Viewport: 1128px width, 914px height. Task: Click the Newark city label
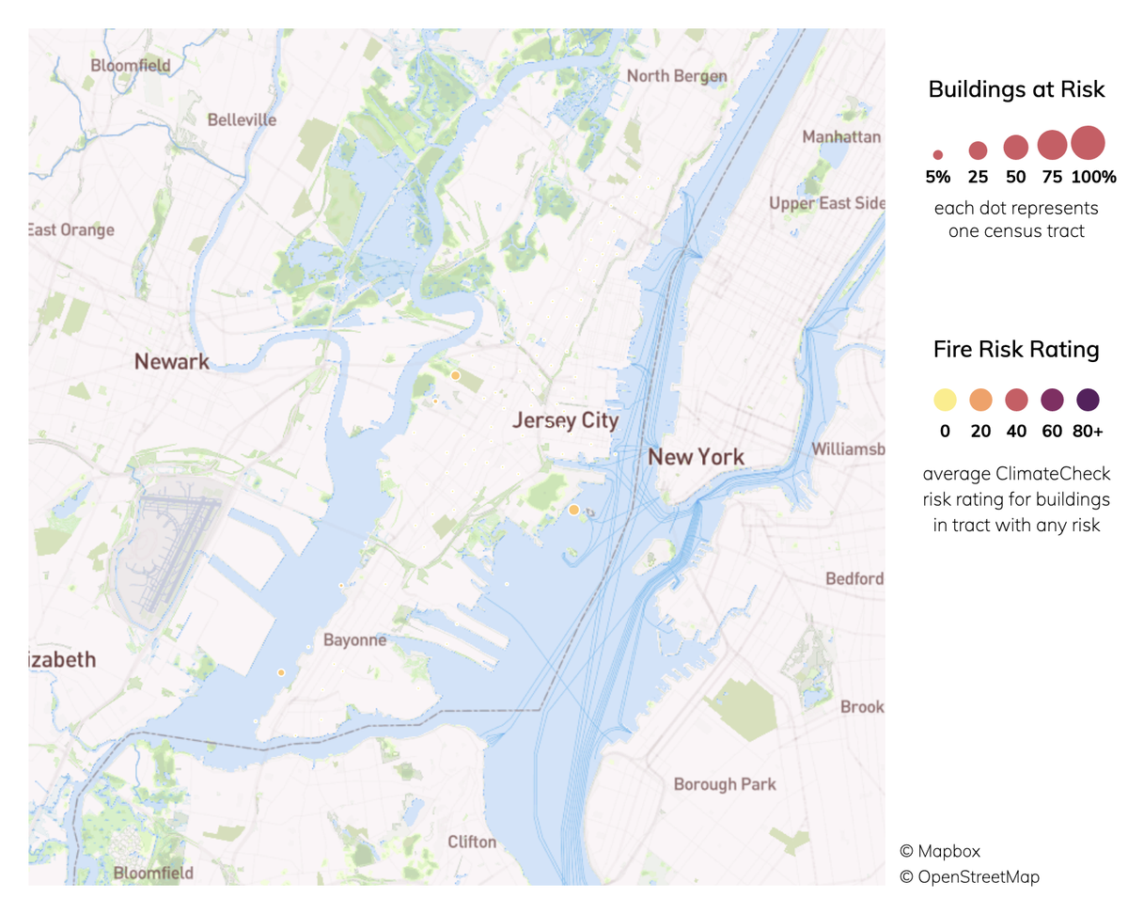171,361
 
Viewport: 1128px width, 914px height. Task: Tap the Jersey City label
565,420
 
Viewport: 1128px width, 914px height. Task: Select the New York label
697,458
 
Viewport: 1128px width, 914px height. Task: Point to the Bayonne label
354,640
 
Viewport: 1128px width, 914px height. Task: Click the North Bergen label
677,76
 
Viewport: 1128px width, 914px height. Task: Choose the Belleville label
242,120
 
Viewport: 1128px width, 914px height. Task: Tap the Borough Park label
725,783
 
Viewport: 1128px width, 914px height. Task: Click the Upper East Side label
826,203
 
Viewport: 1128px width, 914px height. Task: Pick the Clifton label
471,842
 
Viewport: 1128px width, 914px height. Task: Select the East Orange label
71,229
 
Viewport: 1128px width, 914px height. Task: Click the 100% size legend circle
1088,143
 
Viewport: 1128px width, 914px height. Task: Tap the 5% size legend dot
937,154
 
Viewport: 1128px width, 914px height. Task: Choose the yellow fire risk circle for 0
944,401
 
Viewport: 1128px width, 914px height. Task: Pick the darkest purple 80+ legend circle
1088,401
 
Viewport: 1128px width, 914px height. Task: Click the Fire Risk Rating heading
1015,350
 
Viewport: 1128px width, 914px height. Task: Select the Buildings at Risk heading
1015,90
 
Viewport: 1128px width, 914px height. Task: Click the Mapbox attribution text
940,851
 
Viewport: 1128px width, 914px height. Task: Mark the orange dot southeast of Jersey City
573,510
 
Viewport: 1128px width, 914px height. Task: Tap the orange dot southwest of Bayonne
280,672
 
